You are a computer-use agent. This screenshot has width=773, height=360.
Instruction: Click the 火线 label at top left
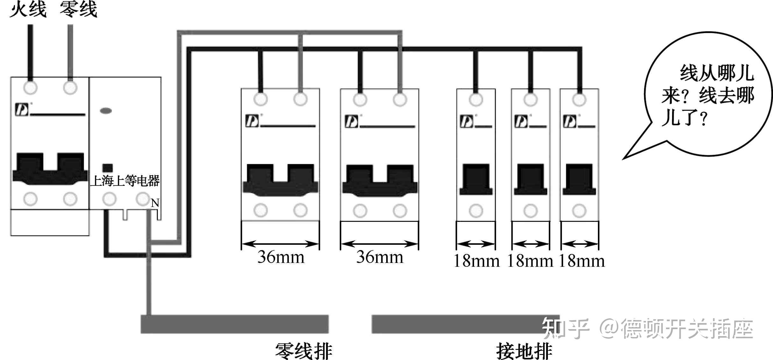pos(28,9)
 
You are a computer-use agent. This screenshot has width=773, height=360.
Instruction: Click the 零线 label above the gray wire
pos(78,9)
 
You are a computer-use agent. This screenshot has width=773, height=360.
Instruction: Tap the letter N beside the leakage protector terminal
pos(155,203)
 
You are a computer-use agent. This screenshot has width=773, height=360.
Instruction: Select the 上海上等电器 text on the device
pos(125,181)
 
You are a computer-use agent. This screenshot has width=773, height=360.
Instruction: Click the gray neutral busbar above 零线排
pos(235,324)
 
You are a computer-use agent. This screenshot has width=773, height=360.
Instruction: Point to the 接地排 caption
pos(524,351)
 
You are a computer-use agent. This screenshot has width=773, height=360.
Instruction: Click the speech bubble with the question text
pos(708,95)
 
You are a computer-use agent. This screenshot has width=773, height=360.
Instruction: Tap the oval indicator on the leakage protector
pos(106,111)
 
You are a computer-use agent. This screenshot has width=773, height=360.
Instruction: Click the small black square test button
pos(108,168)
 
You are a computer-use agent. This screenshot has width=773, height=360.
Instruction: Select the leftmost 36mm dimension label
pos(281,257)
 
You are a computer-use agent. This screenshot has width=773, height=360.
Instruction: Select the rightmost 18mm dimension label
pos(581,261)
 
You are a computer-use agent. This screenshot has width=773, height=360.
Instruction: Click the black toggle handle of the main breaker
pos(50,169)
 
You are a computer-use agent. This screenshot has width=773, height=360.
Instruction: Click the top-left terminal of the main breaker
pos(31,88)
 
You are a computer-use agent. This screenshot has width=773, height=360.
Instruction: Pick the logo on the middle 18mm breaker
pos(521,122)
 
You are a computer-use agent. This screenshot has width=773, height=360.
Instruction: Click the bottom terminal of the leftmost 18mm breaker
pos(476,211)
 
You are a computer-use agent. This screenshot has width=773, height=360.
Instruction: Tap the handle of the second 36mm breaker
pos(380,180)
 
